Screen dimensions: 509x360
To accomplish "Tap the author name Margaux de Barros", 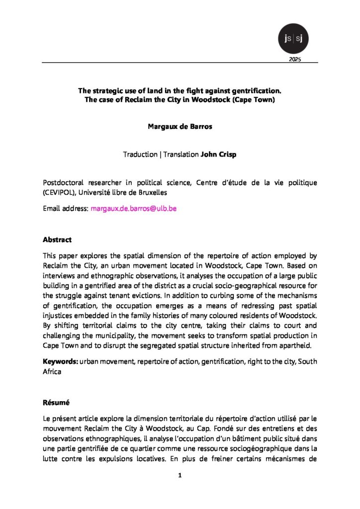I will [180, 126].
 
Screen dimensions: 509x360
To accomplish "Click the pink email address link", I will [134, 209].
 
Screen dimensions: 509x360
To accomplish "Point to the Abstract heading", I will [57, 240].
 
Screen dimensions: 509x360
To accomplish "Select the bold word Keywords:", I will [60, 361].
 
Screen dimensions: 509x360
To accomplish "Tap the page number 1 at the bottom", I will [180, 476].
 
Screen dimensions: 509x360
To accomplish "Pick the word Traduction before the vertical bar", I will [140, 154].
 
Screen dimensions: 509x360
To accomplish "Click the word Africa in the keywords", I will [52, 370].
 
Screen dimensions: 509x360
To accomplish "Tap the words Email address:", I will [66, 209].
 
